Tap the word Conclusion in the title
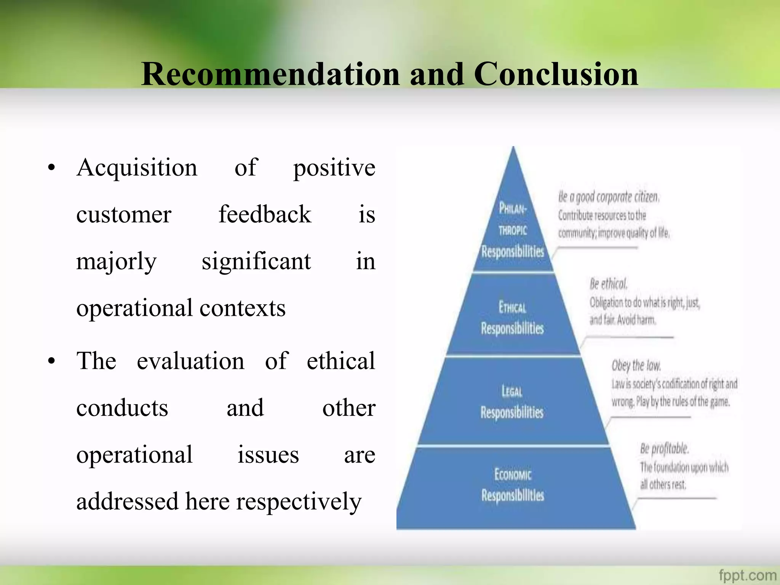(x=556, y=74)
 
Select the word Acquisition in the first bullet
(x=137, y=168)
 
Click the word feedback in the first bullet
(x=265, y=214)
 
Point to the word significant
(x=256, y=262)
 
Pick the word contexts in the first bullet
(x=242, y=308)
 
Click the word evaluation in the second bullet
(x=190, y=361)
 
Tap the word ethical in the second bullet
(x=341, y=361)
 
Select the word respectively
(x=299, y=502)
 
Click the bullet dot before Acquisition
(x=52, y=168)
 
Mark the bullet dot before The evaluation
(x=52, y=361)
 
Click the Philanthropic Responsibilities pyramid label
(x=513, y=230)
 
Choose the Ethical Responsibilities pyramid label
(x=512, y=318)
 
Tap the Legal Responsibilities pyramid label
(x=512, y=402)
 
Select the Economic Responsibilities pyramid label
(x=513, y=485)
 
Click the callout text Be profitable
(x=664, y=449)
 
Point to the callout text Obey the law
(x=636, y=366)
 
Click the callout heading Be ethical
(x=608, y=284)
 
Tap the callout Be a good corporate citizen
(x=609, y=197)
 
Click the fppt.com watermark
(x=747, y=575)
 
